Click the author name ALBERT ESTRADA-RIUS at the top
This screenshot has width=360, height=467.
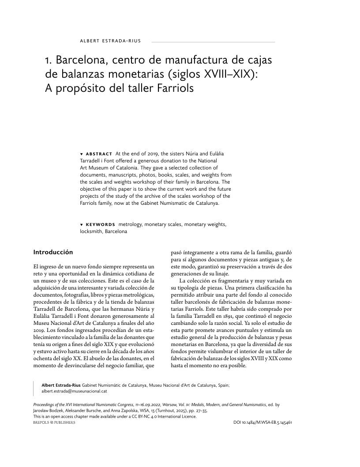(110, 41)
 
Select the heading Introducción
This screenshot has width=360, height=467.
(53, 252)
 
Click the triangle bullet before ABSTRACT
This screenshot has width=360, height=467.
(82, 154)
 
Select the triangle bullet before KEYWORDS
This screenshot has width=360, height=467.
(82, 225)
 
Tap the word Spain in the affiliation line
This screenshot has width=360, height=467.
(223, 385)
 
